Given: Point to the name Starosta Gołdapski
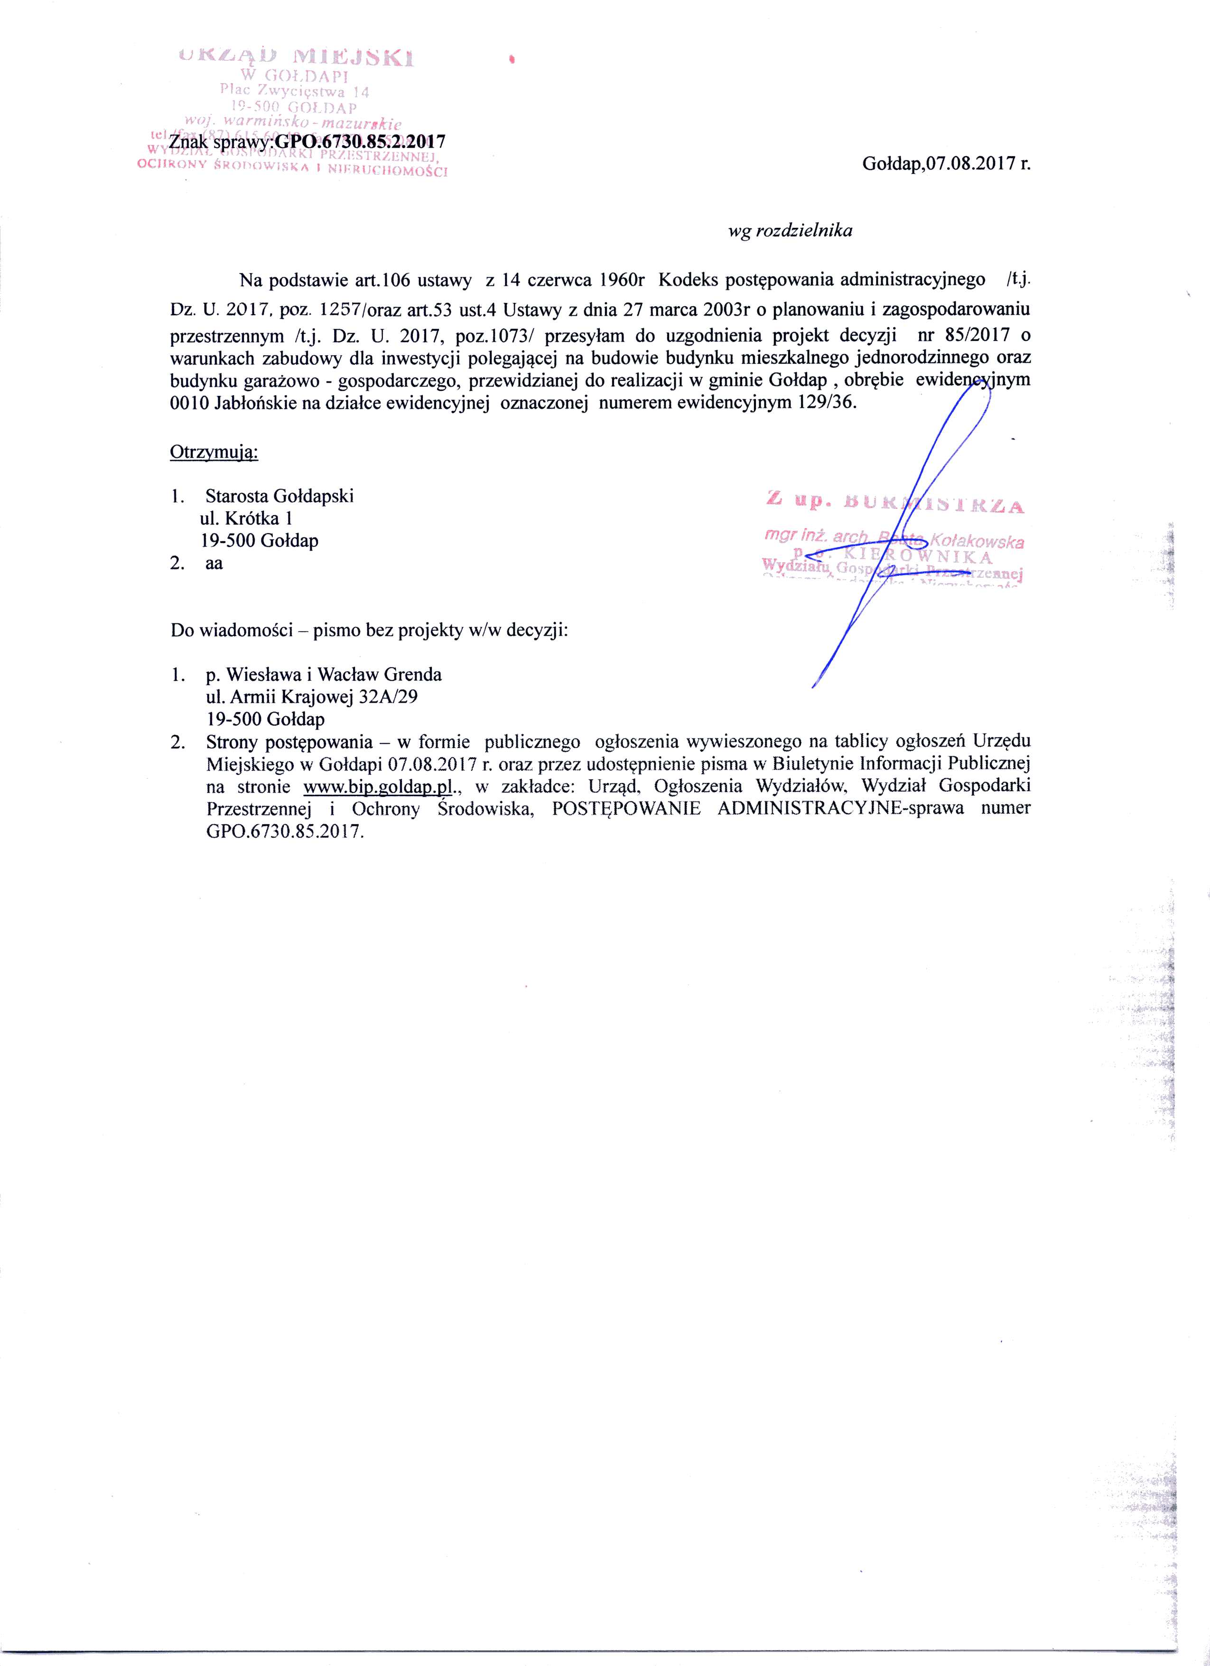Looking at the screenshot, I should pyautogui.click(x=280, y=496).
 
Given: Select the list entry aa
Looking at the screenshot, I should pyautogui.click(x=214, y=564).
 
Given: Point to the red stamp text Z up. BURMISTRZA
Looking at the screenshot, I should pyautogui.click(x=894, y=503).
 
